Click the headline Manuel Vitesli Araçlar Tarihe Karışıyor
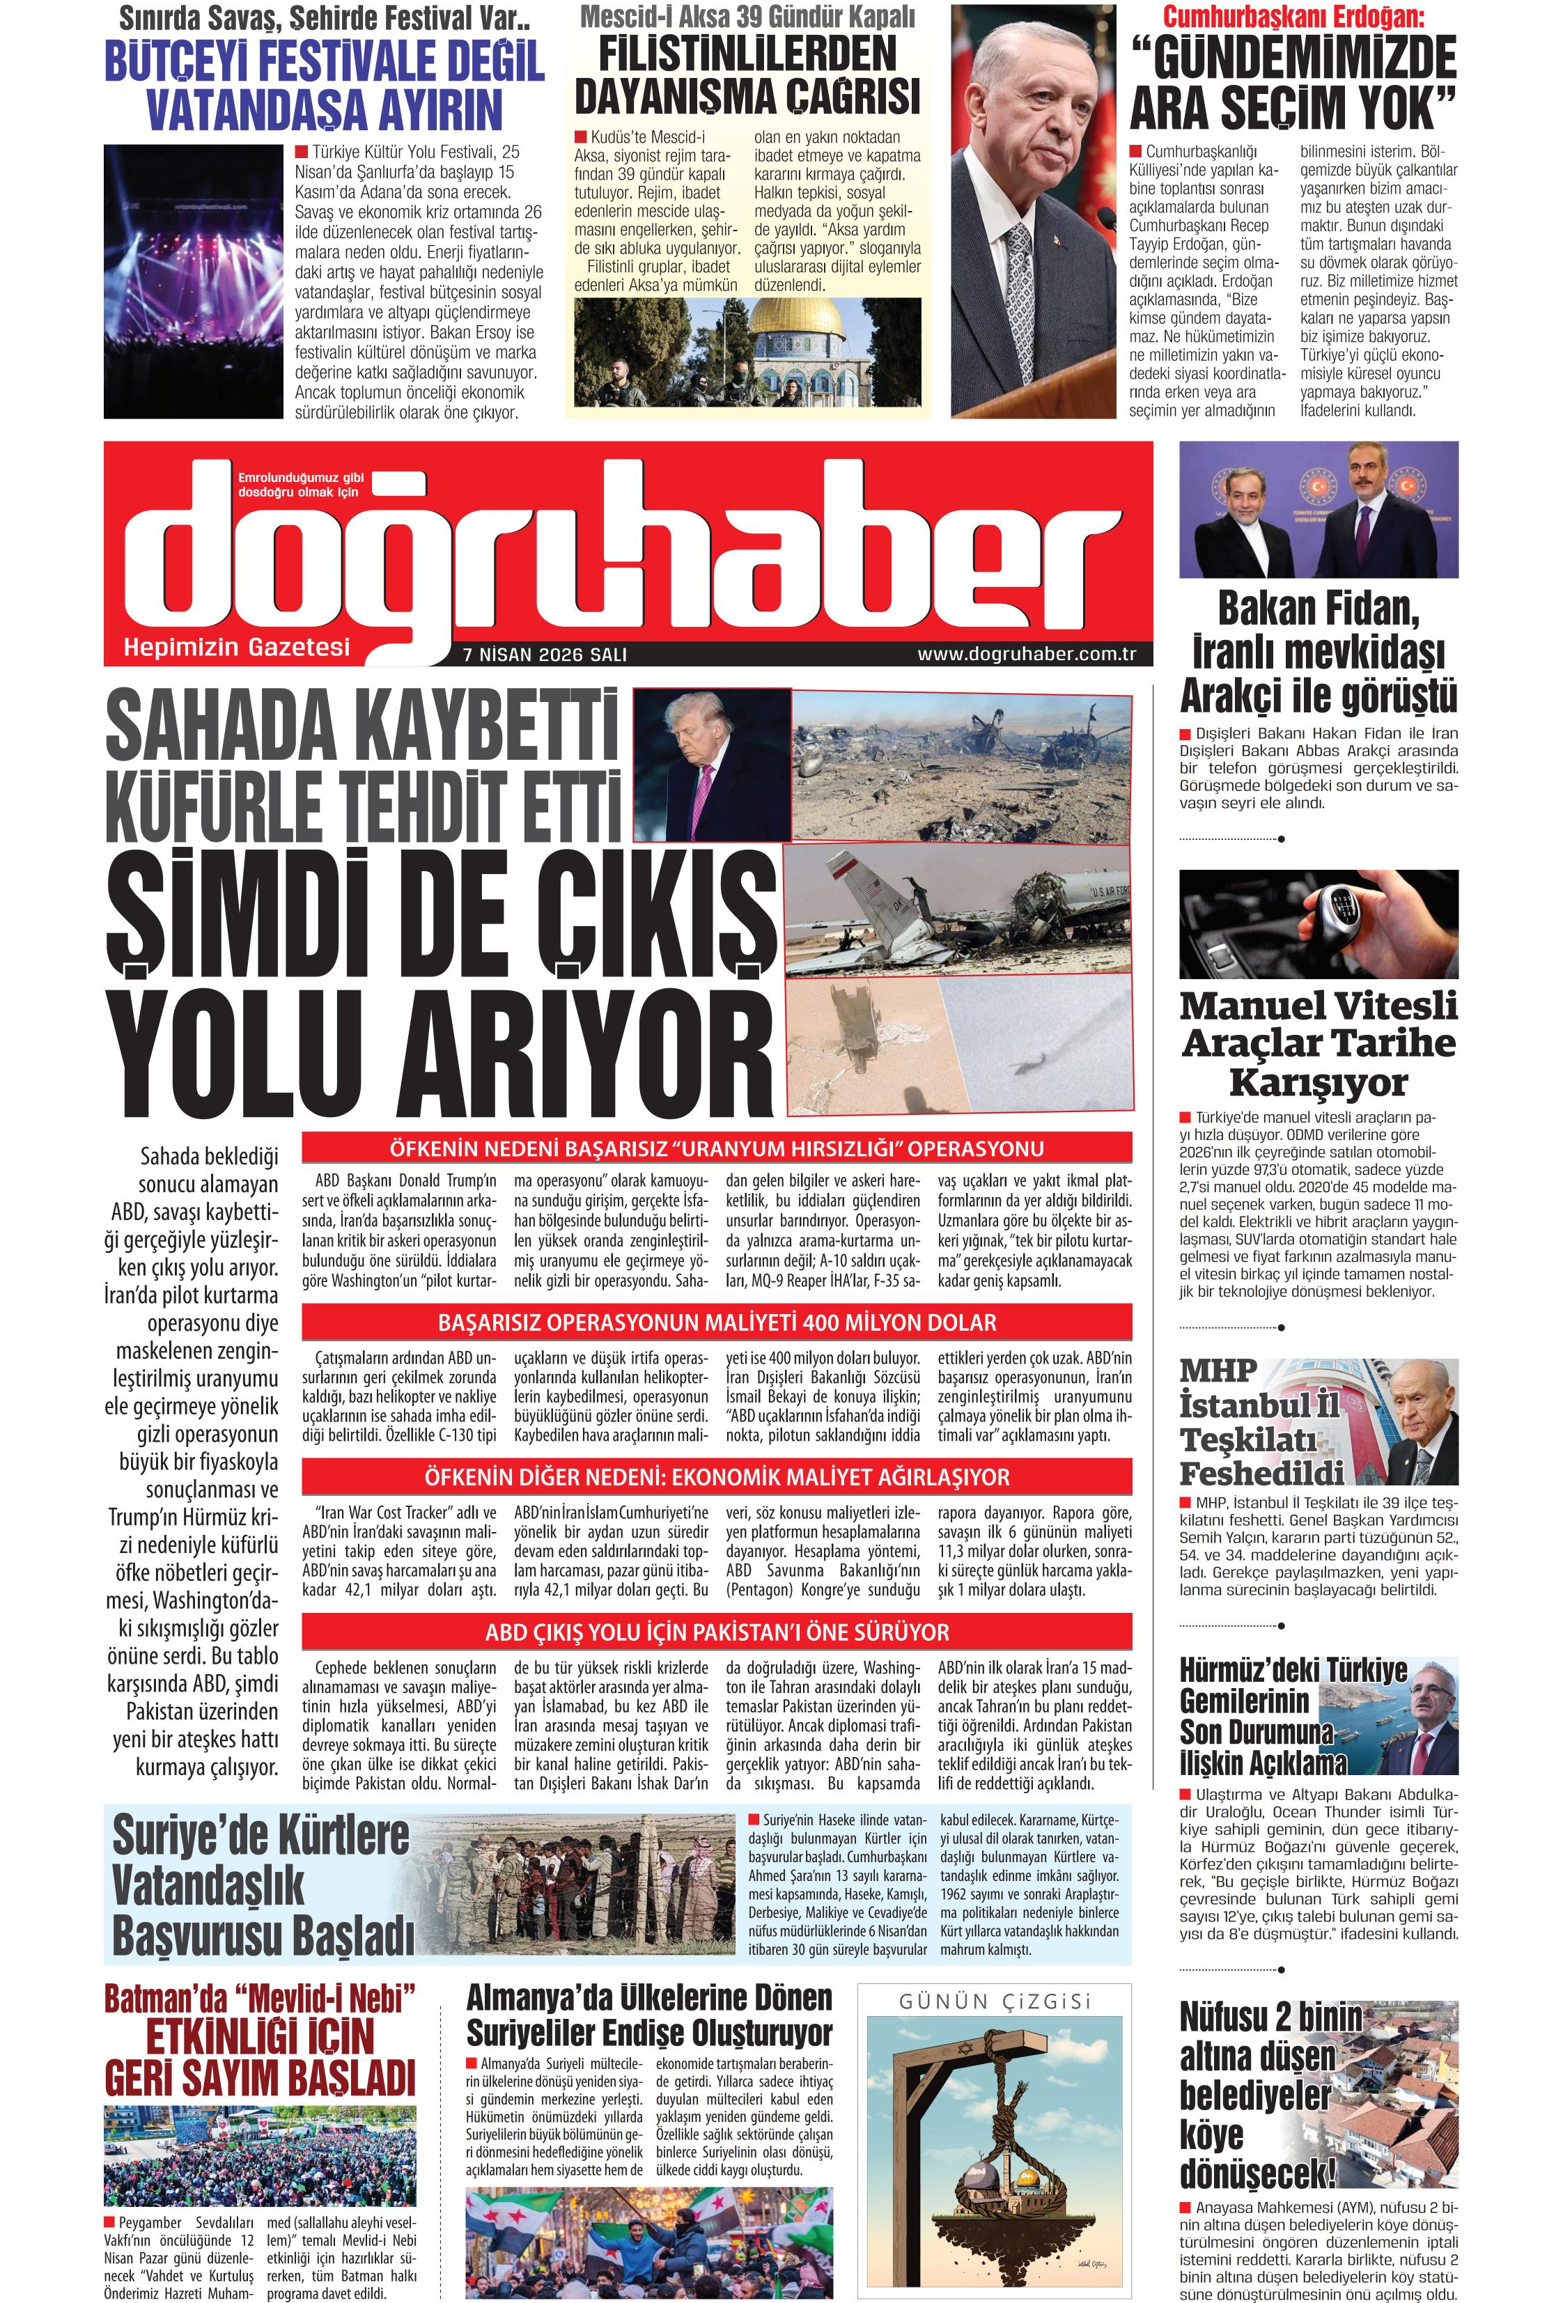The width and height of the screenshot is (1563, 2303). coord(1319,1043)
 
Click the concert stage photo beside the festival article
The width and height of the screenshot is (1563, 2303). coord(193,281)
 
